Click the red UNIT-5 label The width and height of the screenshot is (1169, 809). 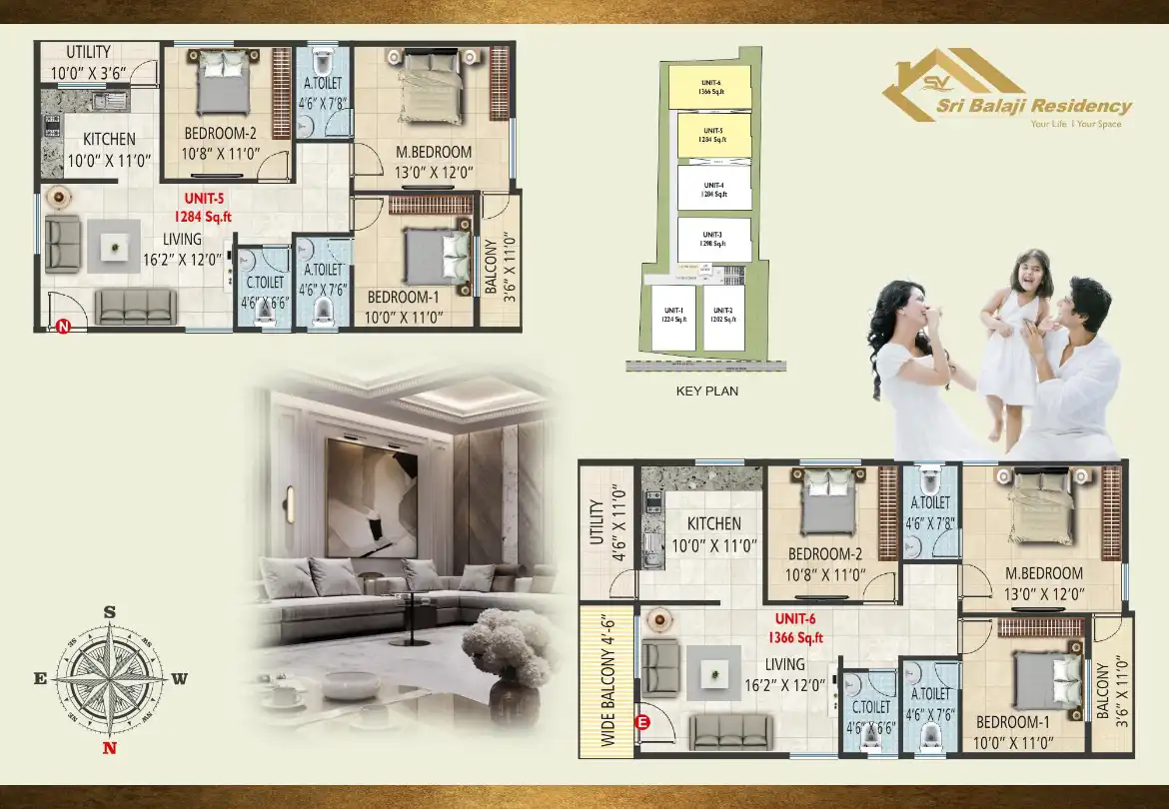click(203, 199)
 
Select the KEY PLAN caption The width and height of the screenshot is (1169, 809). click(706, 392)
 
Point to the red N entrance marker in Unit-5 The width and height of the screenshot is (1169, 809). click(62, 325)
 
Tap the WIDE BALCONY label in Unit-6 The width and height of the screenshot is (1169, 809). click(607, 680)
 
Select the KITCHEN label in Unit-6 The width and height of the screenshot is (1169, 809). click(714, 523)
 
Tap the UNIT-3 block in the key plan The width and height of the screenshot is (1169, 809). click(713, 240)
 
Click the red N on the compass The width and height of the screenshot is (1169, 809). click(110, 747)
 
